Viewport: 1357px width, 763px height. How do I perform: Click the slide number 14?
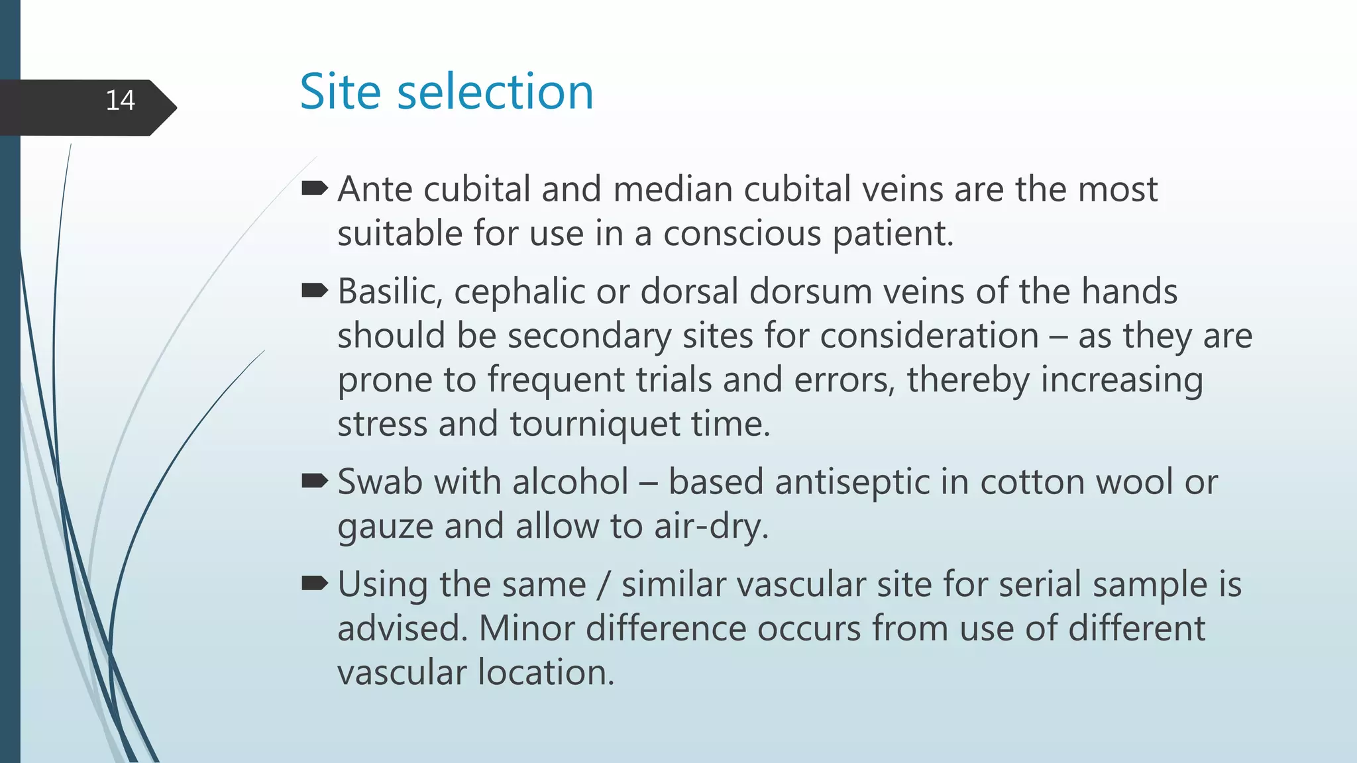click(120, 101)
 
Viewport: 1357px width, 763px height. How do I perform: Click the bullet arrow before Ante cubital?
click(314, 189)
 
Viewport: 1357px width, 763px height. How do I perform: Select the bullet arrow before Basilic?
click(314, 290)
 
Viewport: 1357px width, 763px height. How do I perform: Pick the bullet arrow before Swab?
click(314, 481)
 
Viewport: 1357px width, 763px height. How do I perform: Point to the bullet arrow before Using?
click(314, 583)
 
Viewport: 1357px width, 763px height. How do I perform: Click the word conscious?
click(741, 233)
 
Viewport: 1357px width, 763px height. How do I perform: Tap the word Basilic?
click(390, 291)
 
